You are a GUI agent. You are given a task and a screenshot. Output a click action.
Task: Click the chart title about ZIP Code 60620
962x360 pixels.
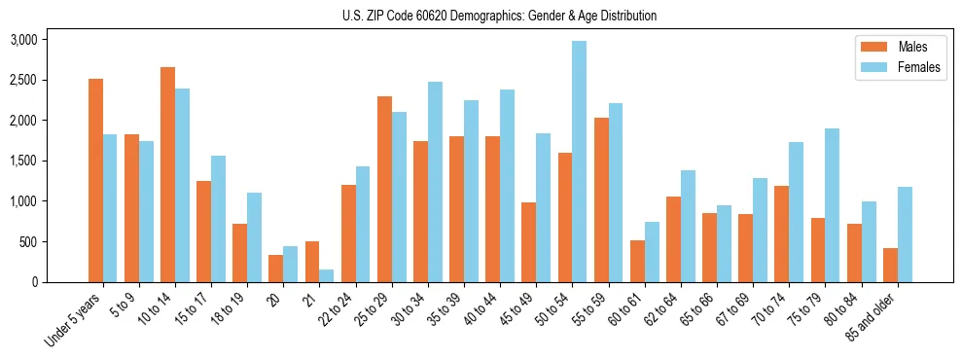(x=500, y=16)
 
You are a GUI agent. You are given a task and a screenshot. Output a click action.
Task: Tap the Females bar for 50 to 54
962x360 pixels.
(x=579, y=162)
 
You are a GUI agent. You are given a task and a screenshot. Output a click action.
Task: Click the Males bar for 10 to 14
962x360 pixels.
(x=167, y=174)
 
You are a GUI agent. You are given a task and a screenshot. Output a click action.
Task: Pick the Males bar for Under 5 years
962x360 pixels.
(x=95, y=180)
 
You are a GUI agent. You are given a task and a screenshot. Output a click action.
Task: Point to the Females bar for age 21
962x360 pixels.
(x=326, y=275)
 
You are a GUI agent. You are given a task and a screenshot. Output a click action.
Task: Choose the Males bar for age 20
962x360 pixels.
(x=276, y=269)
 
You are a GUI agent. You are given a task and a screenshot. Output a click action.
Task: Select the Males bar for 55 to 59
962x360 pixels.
(x=600, y=199)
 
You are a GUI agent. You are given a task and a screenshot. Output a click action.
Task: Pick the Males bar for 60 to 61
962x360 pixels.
(x=637, y=261)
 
